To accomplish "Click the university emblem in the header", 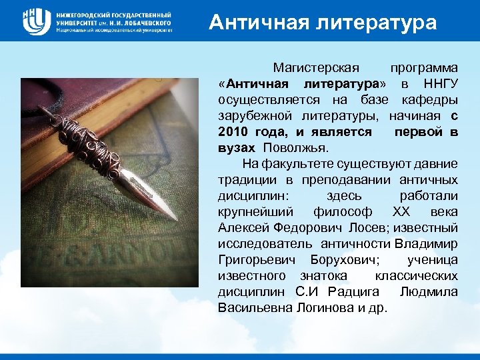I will coord(36,22).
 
